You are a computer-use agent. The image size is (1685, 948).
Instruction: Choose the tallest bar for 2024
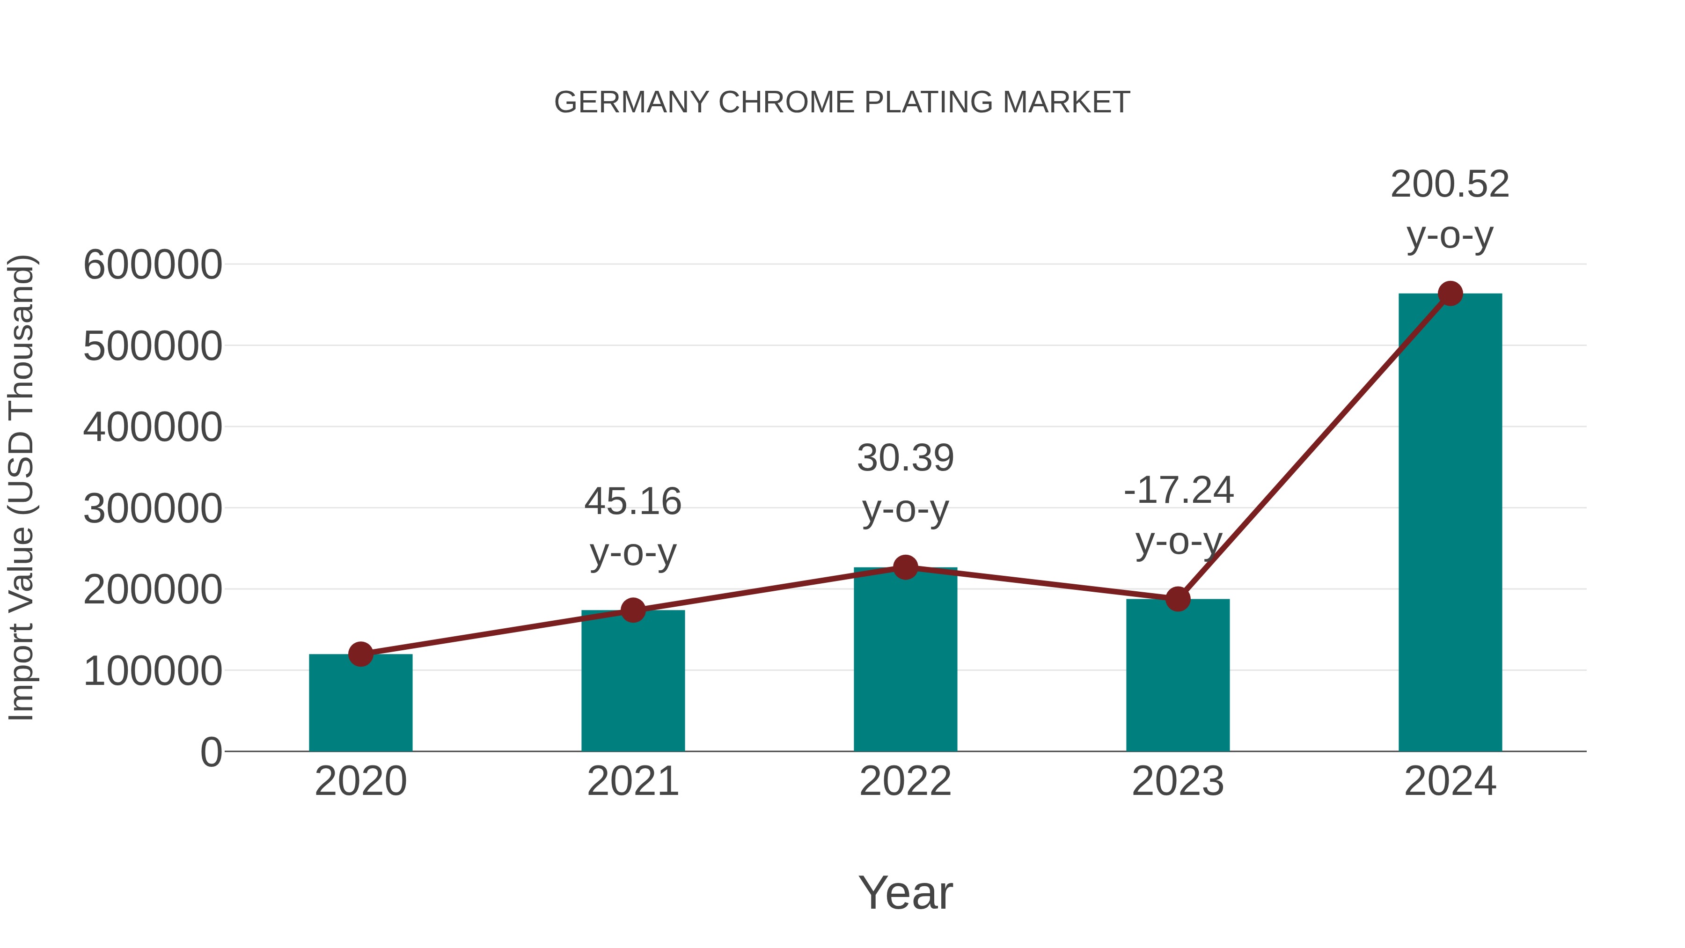tap(1450, 523)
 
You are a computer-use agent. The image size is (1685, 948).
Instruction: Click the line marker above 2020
tap(360, 654)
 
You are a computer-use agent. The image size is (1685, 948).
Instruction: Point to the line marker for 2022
tap(905, 567)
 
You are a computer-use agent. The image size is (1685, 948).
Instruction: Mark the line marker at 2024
tap(1450, 294)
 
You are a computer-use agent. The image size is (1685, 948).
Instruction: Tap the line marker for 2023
tap(1178, 599)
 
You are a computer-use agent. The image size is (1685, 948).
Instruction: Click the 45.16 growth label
tap(632, 502)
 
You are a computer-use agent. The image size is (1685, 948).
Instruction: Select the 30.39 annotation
tap(905, 458)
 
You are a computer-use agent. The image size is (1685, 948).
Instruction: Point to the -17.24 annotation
tap(1178, 490)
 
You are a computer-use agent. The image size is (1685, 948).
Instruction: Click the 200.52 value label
tap(1450, 184)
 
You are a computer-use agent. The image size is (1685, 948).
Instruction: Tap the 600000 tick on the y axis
tap(153, 265)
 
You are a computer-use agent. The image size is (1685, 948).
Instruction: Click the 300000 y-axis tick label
tap(153, 508)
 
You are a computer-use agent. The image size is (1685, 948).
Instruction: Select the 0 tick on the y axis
tap(211, 752)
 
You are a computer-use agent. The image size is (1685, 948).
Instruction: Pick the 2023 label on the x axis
tap(1178, 781)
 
